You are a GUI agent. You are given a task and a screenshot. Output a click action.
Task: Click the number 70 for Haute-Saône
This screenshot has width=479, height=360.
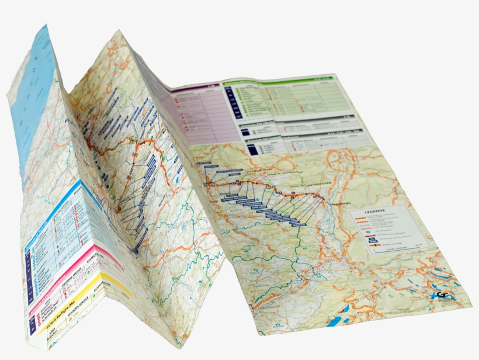(x=256, y=270)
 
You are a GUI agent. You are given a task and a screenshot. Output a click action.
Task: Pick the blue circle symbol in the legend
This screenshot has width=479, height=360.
(x=367, y=231)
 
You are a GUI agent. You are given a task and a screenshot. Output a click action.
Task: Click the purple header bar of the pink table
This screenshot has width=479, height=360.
(x=193, y=89)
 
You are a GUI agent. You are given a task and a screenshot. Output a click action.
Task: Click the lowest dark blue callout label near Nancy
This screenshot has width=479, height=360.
(x=298, y=224)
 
